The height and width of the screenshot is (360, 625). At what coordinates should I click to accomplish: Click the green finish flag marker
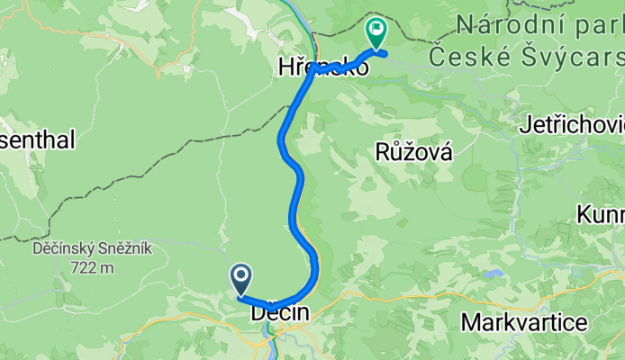(x=375, y=33)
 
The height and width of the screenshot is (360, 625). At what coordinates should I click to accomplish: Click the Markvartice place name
(x=524, y=322)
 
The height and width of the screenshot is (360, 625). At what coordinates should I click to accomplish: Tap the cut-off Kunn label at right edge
(x=601, y=216)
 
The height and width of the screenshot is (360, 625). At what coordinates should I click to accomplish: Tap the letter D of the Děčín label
(x=258, y=314)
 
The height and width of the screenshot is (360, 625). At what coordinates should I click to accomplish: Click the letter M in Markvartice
(x=470, y=322)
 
